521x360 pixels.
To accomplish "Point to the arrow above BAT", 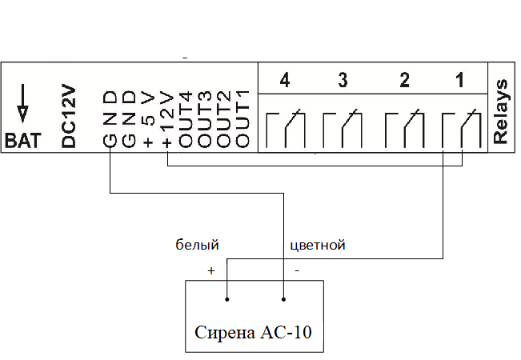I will click(x=22, y=99).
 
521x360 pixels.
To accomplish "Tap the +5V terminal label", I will click(x=148, y=120).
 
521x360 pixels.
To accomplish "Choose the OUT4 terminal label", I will click(x=186, y=120).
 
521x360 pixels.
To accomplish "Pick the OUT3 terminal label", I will click(x=205, y=120).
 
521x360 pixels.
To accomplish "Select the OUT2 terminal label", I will click(x=224, y=120).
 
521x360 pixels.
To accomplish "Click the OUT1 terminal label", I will click(x=243, y=120).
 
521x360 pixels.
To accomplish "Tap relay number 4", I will click(x=284, y=81).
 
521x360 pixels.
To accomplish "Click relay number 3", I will click(x=343, y=81).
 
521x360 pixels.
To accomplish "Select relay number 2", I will click(x=405, y=81).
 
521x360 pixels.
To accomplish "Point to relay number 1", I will click(x=459, y=81).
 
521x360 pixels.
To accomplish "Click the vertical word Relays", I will click(x=502, y=111).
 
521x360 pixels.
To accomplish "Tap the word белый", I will click(x=198, y=245).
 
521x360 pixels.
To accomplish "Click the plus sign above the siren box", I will click(x=211, y=270).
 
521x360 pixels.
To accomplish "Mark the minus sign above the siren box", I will click(x=298, y=270).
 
